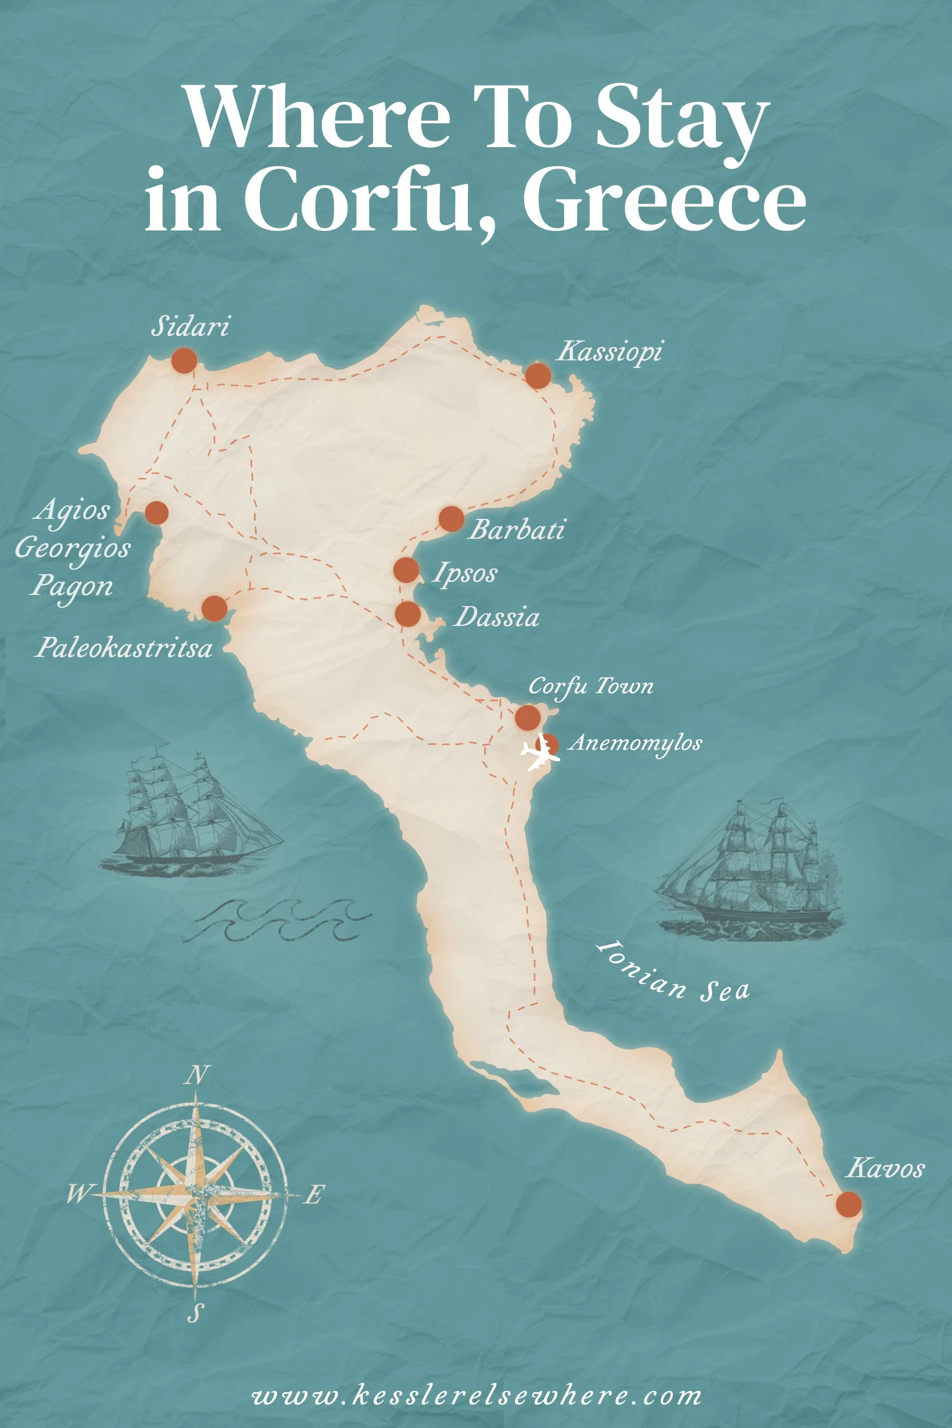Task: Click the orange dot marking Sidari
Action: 184,361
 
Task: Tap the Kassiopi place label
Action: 610,352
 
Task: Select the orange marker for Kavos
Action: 848,1205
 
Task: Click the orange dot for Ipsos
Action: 406,570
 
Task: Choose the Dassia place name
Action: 496,617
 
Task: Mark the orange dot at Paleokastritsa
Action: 214,608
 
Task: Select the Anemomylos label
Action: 635,743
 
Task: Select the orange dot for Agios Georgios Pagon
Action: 156,513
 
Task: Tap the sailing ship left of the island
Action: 189,813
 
